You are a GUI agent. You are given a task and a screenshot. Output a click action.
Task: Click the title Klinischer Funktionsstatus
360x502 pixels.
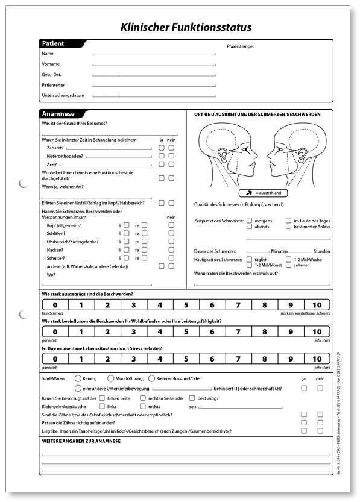(x=186, y=27)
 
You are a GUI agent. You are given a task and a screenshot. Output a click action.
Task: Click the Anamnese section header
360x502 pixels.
(x=57, y=114)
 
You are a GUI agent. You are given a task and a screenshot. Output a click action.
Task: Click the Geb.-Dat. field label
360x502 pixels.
(x=52, y=75)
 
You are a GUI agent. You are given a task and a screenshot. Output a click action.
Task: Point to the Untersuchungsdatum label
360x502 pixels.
(x=63, y=95)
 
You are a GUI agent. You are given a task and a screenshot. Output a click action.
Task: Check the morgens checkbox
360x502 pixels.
(x=249, y=221)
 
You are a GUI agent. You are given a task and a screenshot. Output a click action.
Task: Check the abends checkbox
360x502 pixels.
(x=249, y=227)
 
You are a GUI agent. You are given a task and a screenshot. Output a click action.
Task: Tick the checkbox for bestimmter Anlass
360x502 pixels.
(x=289, y=227)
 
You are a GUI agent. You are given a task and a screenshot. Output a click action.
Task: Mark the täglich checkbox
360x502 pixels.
(x=249, y=259)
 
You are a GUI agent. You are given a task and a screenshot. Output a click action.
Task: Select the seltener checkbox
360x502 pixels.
(x=289, y=265)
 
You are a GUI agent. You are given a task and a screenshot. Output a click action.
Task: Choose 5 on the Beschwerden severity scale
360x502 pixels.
(x=186, y=305)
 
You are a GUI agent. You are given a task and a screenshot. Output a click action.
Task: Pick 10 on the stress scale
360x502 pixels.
(x=317, y=360)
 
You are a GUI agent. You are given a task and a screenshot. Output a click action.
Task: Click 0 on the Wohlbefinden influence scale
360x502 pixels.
(x=55, y=332)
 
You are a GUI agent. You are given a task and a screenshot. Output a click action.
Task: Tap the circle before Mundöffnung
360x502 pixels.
(x=110, y=378)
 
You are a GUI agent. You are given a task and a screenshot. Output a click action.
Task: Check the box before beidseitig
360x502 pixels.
(x=192, y=398)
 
